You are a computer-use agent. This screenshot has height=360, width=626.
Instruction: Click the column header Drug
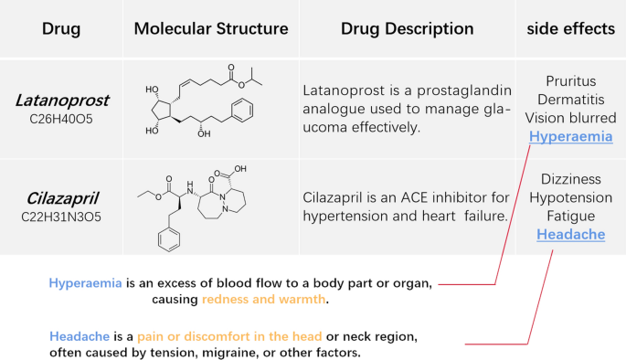point(61,29)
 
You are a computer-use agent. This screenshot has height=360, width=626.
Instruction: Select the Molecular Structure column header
point(211,29)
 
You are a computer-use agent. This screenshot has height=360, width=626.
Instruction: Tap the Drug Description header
point(403,29)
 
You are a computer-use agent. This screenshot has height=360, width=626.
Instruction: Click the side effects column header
point(570,29)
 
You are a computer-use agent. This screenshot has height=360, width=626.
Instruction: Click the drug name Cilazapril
point(61,198)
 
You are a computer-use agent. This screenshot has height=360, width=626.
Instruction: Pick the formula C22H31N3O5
point(61,217)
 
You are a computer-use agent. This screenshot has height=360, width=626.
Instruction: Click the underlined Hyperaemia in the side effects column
point(570,137)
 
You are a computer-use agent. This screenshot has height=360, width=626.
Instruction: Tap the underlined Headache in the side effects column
point(570,235)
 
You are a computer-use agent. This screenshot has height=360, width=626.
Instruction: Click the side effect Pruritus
point(570,80)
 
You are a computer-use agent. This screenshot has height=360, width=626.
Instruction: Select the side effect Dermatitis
point(570,99)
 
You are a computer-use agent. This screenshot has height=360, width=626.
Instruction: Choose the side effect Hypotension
point(570,197)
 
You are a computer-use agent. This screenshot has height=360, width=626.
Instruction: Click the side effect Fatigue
point(570,217)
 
